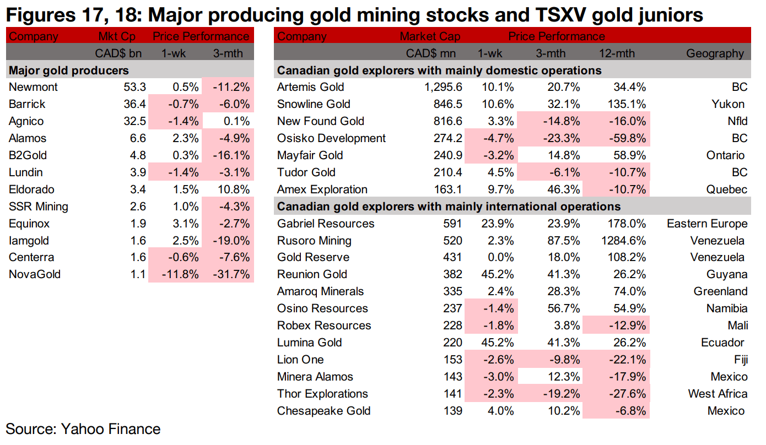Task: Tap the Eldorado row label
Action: [x=31, y=189]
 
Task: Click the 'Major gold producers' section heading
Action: [x=69, y=70]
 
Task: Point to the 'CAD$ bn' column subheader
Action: [x=118, y=53]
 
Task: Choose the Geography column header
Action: [x=715, y=53]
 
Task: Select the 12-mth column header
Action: [x=617, y=53]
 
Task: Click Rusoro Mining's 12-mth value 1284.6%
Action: [x=620, y=241]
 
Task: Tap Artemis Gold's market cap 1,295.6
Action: [x=439, y=87]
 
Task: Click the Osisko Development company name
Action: [x=331, y=138]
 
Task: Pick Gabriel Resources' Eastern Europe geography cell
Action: [x=707, y=224]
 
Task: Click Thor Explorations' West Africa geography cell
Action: [x=718, y=394]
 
